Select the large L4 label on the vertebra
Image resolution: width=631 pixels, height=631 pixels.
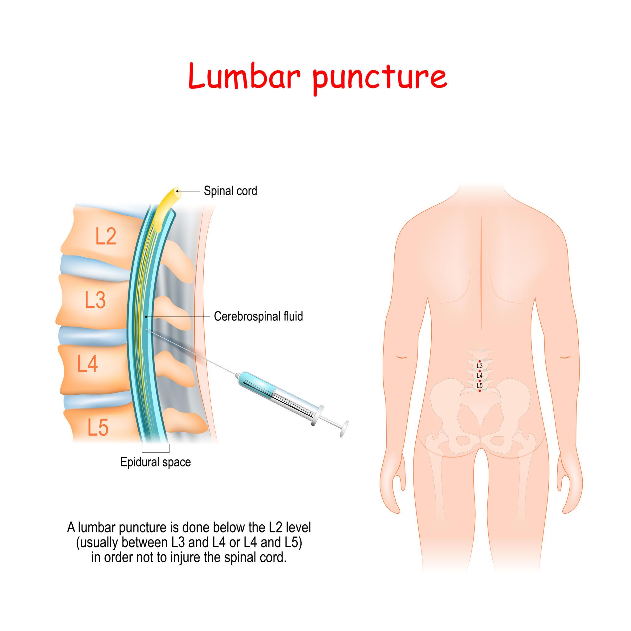pyautogui.click(x=88, y=364)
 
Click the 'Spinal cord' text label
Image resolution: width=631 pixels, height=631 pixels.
pyautogui.click(x=230, y=191)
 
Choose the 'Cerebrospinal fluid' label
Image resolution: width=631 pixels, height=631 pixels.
pyautogui.click(x=258, y=316)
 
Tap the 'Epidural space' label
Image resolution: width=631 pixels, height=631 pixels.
pyautogui.click(x=156, y=462)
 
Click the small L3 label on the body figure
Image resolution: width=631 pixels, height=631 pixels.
pyautogui.click(x=479, y=366)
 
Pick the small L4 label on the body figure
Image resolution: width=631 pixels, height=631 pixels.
pyautogui.click(x=479, y=376)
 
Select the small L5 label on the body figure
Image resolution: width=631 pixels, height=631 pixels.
pyautogui.click(x=479, y=385)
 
